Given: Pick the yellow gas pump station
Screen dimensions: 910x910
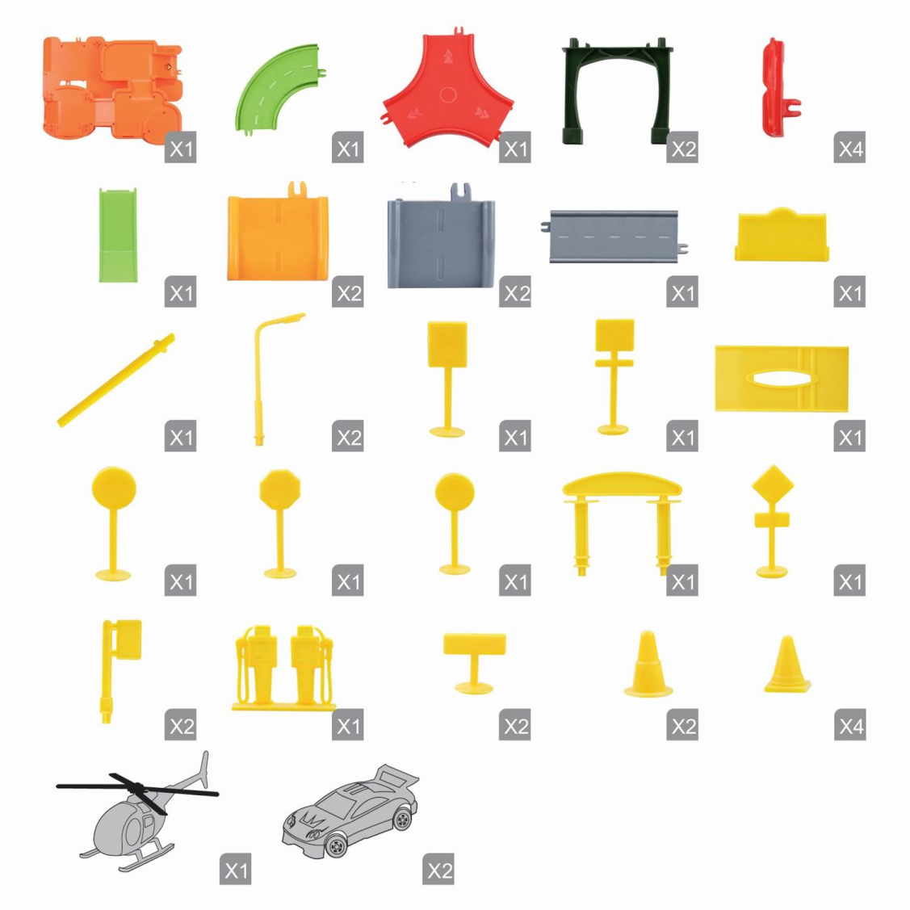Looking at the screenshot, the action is coord(283,668).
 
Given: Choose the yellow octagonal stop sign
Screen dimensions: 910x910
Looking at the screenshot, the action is coord(280,523).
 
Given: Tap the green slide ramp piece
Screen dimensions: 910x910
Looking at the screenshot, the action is coord(119,234).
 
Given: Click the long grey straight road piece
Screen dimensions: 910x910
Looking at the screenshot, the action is coord(614,237).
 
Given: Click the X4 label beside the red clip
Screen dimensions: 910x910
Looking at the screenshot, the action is coord(849,148).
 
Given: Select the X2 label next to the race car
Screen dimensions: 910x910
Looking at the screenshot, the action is coord(438,870).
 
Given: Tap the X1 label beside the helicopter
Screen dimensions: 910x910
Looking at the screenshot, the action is coord(235,870).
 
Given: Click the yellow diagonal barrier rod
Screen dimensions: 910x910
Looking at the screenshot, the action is coord(116,380).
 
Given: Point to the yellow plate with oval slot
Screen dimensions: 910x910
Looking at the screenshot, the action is coord(782,379).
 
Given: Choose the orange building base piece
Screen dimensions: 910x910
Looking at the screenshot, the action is coord(112,88).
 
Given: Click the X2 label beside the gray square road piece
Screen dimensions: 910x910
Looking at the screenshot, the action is coord(515,292).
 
